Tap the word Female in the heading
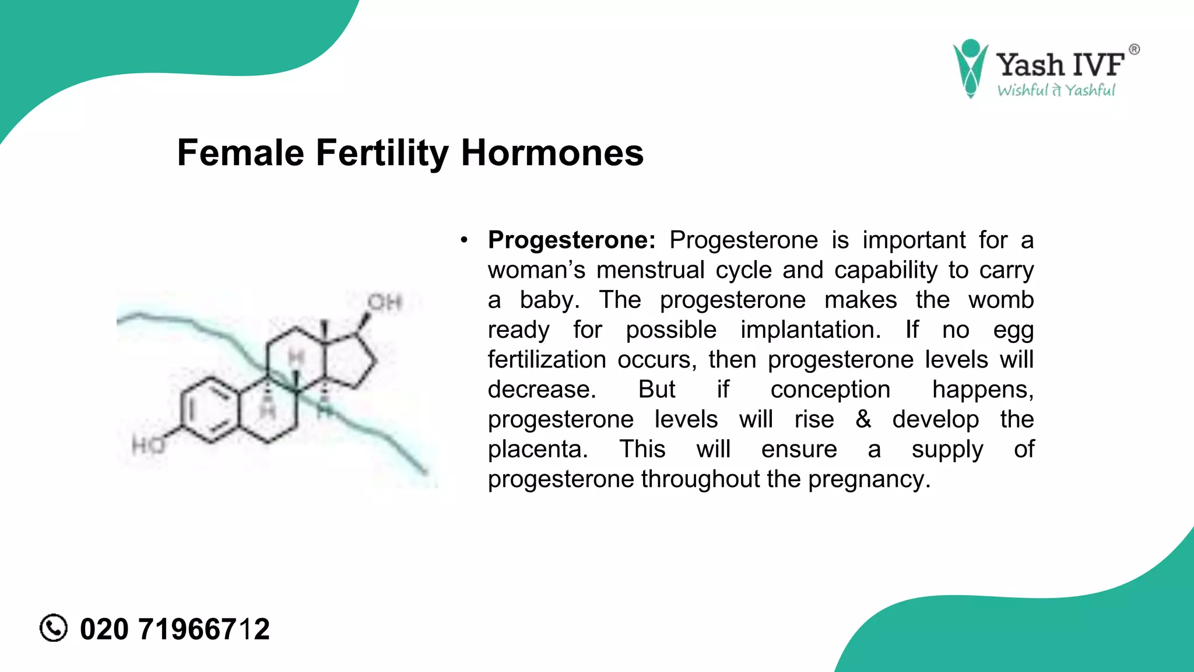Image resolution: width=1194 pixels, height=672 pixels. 240,153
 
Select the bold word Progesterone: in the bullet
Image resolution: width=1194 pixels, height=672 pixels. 571,240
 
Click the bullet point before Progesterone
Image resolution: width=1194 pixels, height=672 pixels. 464,240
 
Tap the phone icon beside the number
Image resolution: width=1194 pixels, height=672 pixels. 54,628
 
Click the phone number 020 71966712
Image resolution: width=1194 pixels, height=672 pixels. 175,629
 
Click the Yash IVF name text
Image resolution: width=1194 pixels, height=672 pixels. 1059,64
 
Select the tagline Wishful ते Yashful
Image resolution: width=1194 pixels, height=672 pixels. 1056,90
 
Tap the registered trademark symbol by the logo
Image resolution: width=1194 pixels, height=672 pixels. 1134,50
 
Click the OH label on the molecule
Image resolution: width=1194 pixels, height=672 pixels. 385,302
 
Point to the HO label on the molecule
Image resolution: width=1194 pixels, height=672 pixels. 149,446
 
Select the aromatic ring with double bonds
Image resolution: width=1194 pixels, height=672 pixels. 210,409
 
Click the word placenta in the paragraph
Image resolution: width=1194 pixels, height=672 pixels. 537,449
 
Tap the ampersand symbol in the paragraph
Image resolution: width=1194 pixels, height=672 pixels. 863,419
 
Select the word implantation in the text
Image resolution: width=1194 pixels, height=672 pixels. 810,330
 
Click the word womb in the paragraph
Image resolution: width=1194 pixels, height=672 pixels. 1000,300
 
